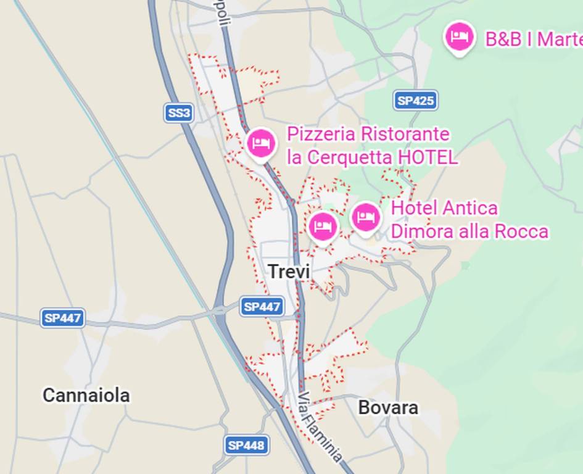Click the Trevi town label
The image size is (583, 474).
click(289, 271)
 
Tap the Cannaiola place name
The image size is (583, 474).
click(86, 395)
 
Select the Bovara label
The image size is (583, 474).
click(388, 407)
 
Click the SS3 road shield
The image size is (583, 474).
click(179, 112)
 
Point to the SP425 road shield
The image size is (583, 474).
click(415, 101)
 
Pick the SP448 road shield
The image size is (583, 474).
click(246, 444)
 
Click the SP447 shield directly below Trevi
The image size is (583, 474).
click(262, 306)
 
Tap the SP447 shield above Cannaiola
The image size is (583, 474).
click(63, 318)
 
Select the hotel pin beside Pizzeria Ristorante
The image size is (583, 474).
click(261, 143)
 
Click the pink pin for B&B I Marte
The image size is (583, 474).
click(459, 36)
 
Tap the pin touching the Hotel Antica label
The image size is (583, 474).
click(366, 218)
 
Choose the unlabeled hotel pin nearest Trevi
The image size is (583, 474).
click(322, 227)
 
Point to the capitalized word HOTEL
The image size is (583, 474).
click(428, 157)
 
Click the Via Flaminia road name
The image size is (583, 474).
click(320, 426)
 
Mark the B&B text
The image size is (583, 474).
click(503, 39)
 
